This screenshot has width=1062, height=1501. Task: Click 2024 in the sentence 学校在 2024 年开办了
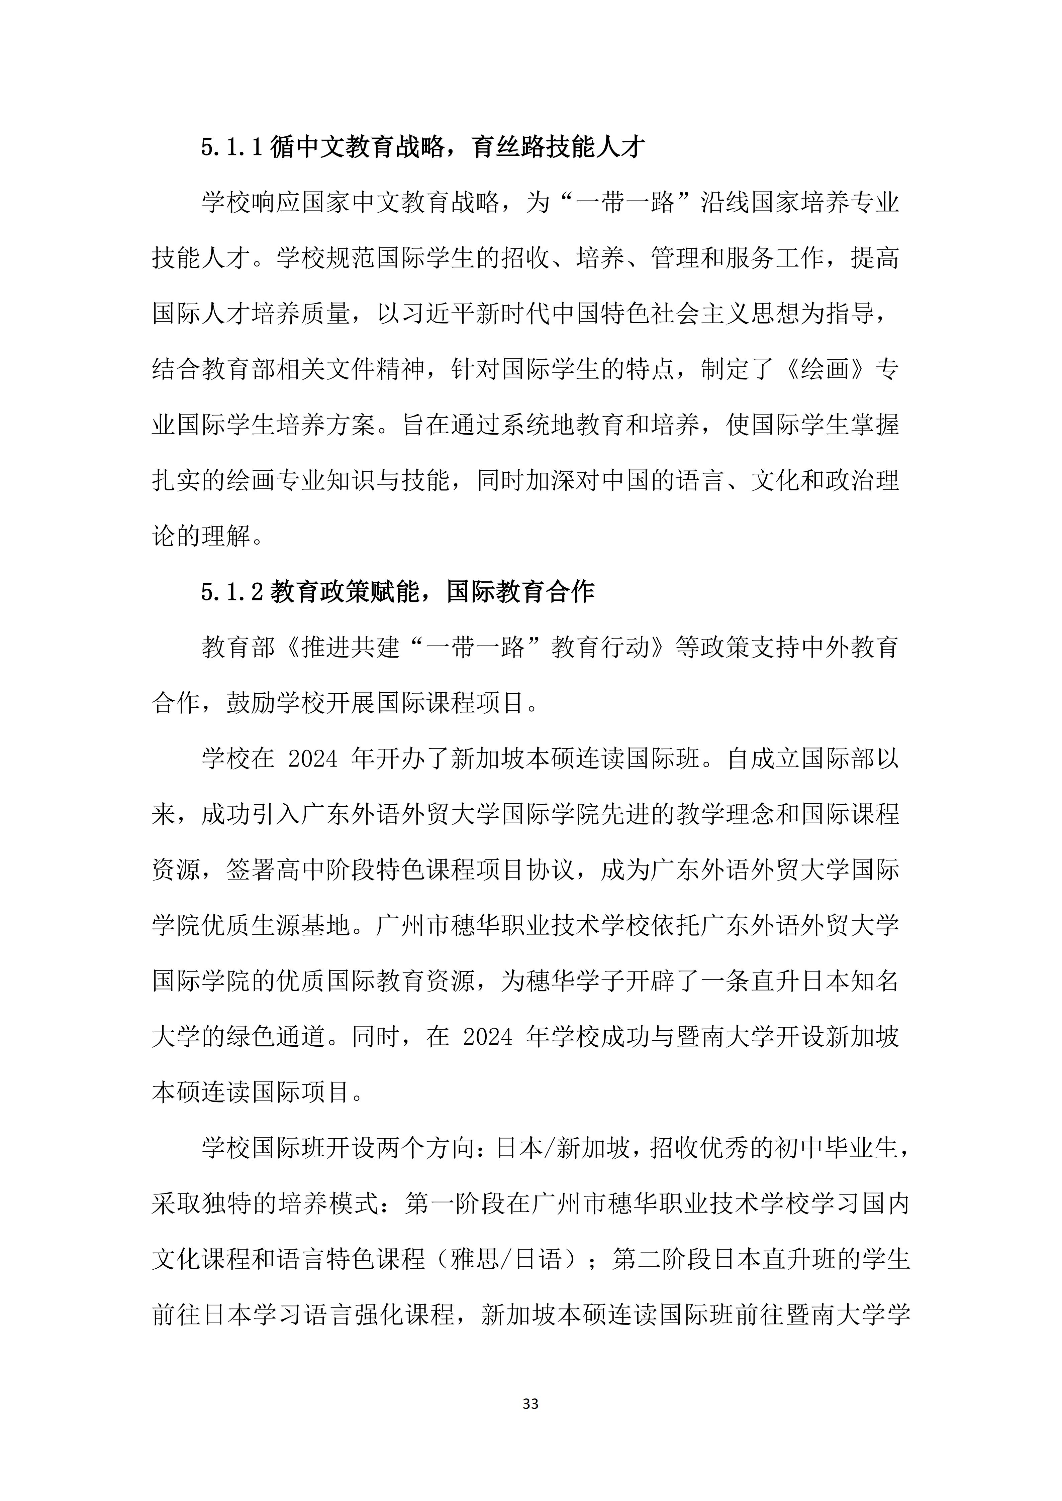click(313, 759)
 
